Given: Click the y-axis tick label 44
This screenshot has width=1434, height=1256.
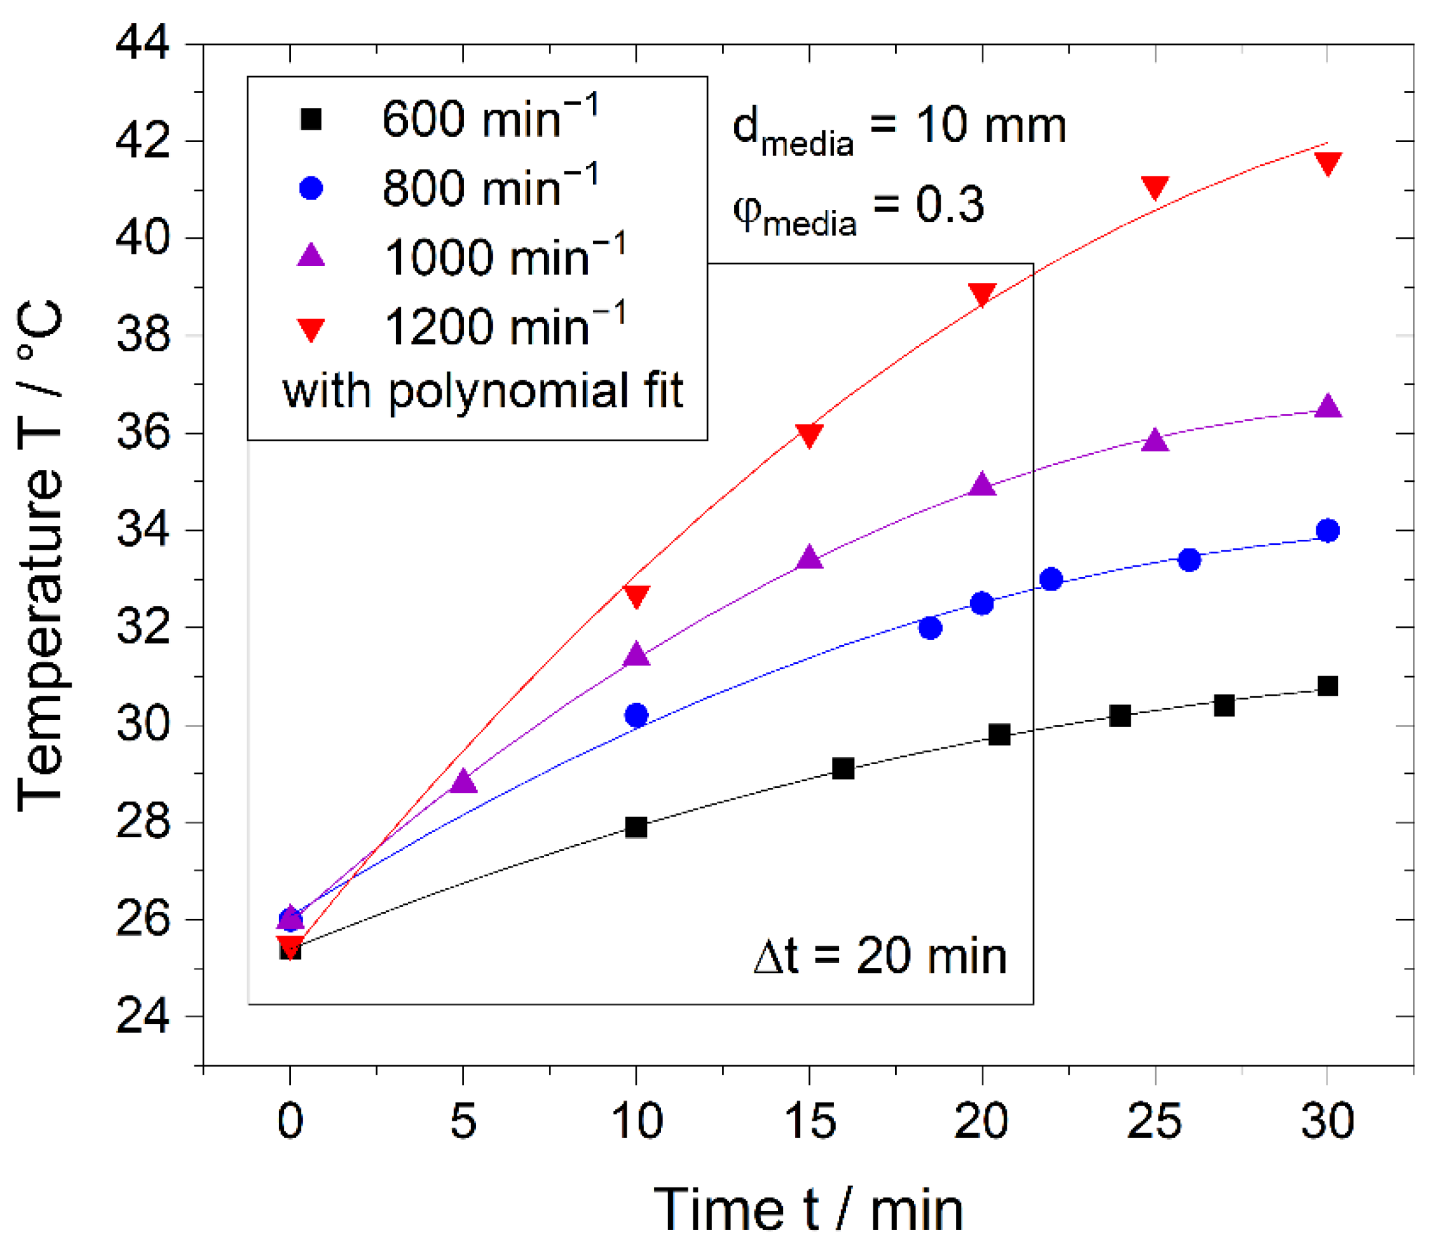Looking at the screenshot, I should click(142, 44).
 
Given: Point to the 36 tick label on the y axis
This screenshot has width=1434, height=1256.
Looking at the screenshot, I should click(142, 433).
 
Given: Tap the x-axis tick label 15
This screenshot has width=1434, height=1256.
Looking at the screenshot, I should click(809, 1121).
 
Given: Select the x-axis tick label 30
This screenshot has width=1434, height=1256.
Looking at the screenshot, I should click(1327, 1121).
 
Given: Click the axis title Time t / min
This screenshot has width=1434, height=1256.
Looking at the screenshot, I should click(809, 1209).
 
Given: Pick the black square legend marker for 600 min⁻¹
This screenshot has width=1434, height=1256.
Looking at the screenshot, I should click(310, 119).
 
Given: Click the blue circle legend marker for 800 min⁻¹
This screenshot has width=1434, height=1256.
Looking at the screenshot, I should click(310, 188).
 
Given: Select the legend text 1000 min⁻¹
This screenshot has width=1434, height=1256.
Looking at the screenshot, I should click(505, 257).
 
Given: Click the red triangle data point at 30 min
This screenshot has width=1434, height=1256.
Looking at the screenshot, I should click(1327, 163).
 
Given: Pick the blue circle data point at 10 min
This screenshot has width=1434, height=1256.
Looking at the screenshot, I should click(636, 716).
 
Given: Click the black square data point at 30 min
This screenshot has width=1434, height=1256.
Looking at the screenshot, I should click(1327, 686).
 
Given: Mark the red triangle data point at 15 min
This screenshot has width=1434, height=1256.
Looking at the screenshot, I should click(809, 435).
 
